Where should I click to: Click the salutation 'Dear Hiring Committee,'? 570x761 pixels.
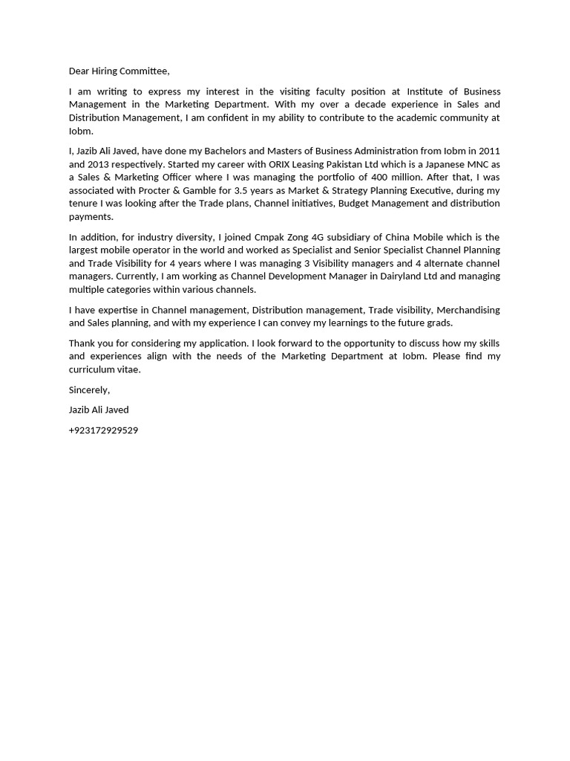click(119, 71)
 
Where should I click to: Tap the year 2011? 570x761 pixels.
click(489, 151)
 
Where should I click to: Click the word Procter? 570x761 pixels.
click(154, 190)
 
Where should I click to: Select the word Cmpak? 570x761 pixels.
click(269, 238)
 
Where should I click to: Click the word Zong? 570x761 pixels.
click(301, 238)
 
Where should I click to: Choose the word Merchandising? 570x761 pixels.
click(468, 310)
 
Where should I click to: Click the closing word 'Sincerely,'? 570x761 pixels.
click(89, 390)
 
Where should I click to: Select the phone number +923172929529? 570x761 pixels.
click(103, 430)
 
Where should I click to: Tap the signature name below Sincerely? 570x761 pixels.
click(99, 410)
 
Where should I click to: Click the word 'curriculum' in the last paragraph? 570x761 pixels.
click(93, 369)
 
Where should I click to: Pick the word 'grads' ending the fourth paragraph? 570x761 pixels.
click(439, 323)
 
